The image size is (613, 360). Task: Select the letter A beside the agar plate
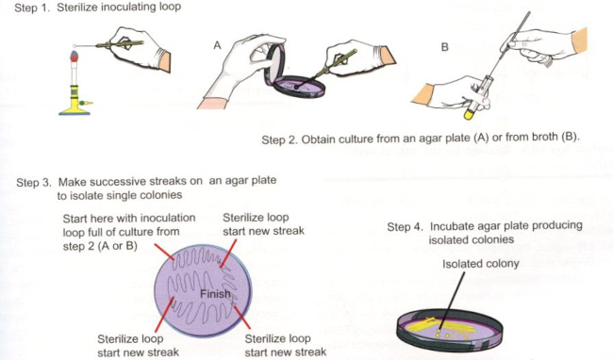(x=217, y=45)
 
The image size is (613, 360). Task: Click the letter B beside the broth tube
(x=444, y=47)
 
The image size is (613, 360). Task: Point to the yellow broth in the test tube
(x=468, y=115)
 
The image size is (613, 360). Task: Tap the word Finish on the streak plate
(x=215, y=294)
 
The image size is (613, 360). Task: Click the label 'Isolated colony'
(x=480, y=264)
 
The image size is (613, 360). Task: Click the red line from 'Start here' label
(x=165, y=251)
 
